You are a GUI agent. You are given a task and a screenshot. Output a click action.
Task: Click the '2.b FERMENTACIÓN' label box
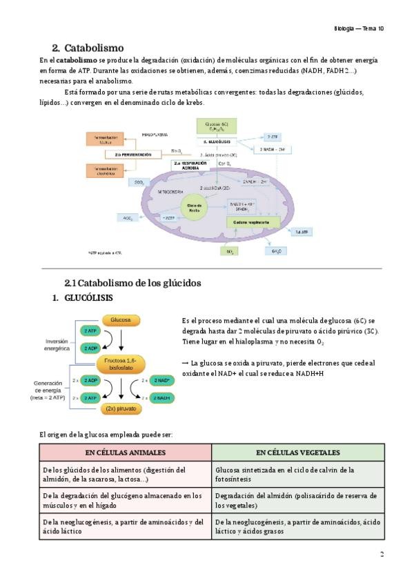(x=132, y=155)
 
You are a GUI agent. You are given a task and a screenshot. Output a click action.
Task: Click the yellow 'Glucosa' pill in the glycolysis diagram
(x=121, y=320)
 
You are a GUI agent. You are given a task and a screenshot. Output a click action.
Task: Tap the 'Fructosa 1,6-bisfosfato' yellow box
(x=121, y=364)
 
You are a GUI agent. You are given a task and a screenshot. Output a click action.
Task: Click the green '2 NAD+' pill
(x=163, y=380)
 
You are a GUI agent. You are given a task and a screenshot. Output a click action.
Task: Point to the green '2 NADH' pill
(x=163, y=398)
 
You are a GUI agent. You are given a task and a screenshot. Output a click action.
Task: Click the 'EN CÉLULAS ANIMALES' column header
(x=126, y=453)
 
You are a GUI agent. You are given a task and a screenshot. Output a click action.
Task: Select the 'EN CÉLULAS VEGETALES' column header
(x=297, y=453)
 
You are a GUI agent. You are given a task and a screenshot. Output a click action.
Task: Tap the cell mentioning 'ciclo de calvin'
(x=297, y=474)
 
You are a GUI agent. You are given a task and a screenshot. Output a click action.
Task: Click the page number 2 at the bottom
(x=382, y=554)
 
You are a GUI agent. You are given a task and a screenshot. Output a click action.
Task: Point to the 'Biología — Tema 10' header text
(x=359, y=28)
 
